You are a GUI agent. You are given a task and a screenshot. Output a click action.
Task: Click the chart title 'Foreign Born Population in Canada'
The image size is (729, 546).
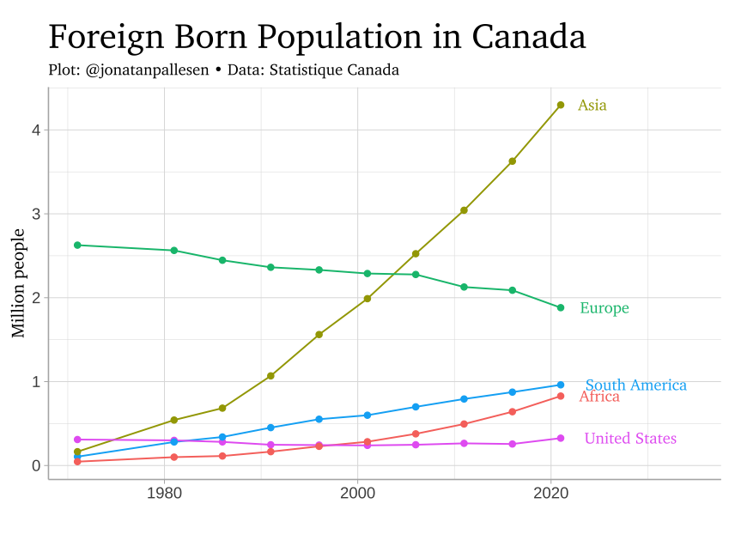(317, 37)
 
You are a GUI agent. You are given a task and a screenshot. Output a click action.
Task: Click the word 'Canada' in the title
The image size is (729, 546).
(529, 37)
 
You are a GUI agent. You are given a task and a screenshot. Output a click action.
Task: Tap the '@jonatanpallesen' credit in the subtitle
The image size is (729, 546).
(148, 70)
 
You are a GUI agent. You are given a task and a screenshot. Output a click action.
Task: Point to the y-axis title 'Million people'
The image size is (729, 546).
(18, 283)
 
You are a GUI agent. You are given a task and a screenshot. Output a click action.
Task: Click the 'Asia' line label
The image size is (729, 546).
(592, 106)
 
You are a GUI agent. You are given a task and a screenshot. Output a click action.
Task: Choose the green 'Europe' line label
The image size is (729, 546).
(604, 308)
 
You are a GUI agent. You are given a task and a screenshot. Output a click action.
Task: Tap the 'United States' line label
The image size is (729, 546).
(629, 439)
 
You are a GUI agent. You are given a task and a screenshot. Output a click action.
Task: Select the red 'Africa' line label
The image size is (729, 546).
(599, 397)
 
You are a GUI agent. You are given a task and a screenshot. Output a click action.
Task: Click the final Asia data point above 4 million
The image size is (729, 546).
(561, 105)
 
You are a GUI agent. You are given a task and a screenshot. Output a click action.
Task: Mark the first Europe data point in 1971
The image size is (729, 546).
(77, 246)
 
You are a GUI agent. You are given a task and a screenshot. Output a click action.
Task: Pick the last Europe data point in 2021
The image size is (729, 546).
(561, 307)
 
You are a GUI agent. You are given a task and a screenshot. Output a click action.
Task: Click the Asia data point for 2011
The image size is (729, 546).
(464, 210)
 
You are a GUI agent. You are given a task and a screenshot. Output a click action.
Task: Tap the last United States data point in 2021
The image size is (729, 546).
(561, 438)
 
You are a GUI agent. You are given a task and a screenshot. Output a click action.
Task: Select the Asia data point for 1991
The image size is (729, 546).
(270, 376)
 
